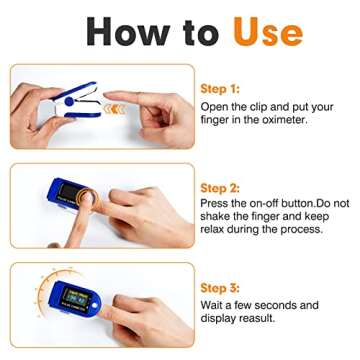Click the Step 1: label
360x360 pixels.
220,88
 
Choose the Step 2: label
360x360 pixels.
220,188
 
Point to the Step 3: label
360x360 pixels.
220,287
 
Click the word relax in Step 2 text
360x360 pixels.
217,229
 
